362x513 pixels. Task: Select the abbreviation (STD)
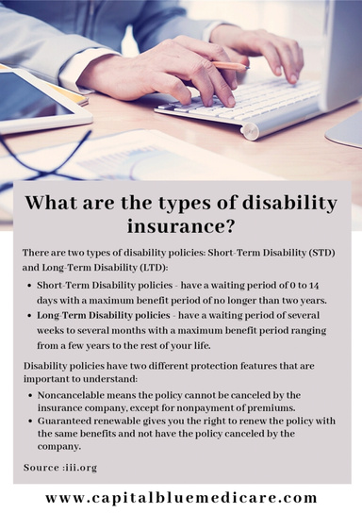[x=318, y=255]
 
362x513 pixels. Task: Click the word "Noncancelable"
[x=72, y=395]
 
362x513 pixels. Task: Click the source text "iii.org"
[x=80, y=468]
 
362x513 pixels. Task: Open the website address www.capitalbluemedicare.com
[x=181, y=497]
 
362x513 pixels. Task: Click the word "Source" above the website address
[x=42, y=468]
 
